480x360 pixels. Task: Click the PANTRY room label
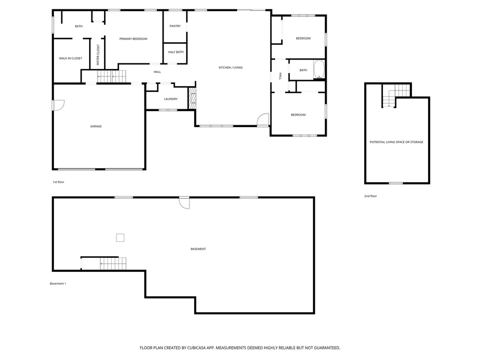point(175,26)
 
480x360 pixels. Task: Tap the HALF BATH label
point(176,52)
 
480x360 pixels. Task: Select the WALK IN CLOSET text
point(70,58)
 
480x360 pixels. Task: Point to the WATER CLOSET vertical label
point(98,55)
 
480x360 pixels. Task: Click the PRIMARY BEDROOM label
point(133,39)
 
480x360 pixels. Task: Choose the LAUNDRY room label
point(171,99)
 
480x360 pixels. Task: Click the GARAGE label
point(96,126)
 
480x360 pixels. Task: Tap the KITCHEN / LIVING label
point(231,67)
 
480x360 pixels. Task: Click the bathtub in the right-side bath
point(319,69)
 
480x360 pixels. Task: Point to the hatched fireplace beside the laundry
point(192,98)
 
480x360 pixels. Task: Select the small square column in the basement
point(120,238)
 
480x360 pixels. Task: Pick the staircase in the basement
point(113,263)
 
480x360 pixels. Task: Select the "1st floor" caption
point(59,182)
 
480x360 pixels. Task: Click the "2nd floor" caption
point(370,196)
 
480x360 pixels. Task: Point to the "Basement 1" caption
point(58,284)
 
